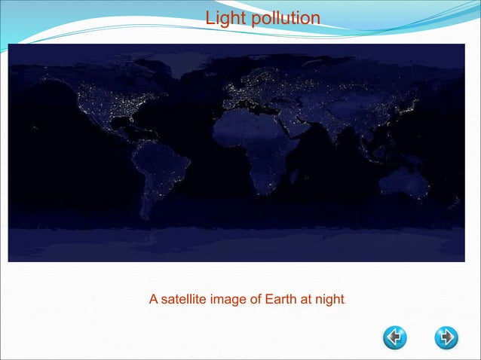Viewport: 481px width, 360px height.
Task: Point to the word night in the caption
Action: (328, 300)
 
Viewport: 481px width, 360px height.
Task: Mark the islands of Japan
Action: (412, 105)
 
